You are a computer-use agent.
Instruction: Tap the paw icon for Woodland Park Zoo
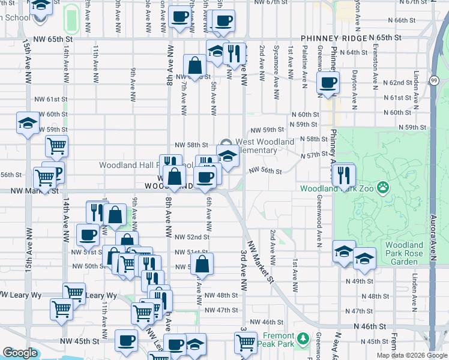point(382,188)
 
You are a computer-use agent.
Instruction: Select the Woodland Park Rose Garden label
point(406,253)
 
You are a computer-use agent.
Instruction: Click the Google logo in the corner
point(20,353)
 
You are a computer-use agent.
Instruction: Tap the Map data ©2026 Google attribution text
point(412,355)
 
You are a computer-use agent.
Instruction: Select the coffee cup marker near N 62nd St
point(328,83)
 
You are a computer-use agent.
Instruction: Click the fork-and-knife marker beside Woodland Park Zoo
point(343,175)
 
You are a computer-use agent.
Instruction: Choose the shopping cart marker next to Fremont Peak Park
point(246,343)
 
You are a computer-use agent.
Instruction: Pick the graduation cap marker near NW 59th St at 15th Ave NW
point(26,123)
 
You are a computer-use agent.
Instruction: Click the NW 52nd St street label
point(191,237)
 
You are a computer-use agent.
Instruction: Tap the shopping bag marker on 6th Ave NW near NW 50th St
point(203,263)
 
